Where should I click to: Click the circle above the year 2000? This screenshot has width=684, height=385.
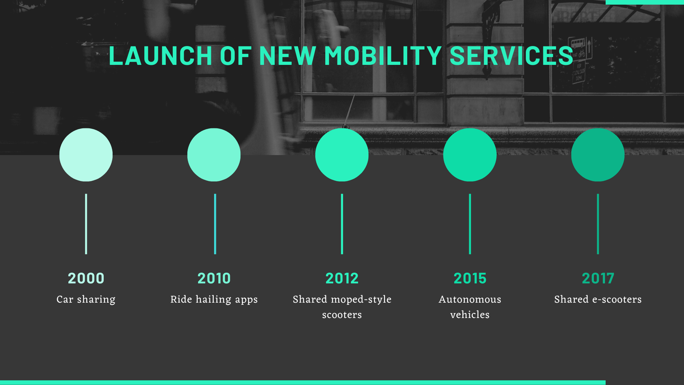pos(86,155)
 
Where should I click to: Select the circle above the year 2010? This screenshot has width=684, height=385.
pos(214,155)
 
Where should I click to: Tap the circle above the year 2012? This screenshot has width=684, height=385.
pos(342,155)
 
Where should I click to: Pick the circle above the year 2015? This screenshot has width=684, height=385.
pos(470,155)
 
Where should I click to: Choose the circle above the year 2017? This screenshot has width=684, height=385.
pos(598,155)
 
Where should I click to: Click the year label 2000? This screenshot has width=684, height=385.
pos(86,278)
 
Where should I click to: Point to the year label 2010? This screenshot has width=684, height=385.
pos(214,278)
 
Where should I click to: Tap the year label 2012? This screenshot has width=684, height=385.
pos(342,278)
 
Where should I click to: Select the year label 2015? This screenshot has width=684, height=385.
pos(470,278)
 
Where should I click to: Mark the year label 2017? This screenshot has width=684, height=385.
pos(598,278)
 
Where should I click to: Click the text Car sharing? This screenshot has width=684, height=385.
pos(86,299)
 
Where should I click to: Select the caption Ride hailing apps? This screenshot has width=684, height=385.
pos(214,299)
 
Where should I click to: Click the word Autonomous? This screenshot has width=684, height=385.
pos(470,299)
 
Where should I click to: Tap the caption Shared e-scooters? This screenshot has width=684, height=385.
pos(598,299)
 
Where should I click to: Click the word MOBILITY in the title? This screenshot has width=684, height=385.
pos(383,56)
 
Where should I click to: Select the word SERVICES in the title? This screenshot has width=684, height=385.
pos(512,56)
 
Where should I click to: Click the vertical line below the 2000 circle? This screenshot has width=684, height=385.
pos(86,224)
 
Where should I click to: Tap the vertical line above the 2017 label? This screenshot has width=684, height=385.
pos(598,224)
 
